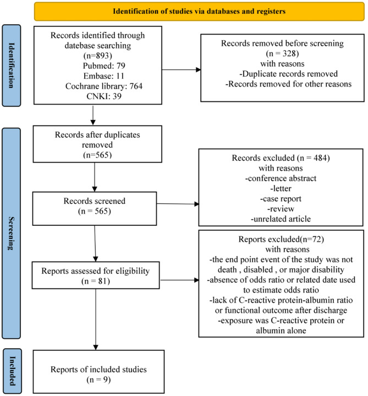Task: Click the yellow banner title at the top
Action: pos(199,12)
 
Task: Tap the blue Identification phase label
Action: pos(12,66)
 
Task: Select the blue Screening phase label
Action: pos(11,233)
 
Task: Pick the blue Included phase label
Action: pos(12,371)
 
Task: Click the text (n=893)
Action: pos(97,56)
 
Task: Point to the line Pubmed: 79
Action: pos(104,66)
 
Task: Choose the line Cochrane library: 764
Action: pos(104,86)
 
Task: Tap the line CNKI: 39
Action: pos(104,96)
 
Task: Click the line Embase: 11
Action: pos(104,76)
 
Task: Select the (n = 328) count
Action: pos(282,53)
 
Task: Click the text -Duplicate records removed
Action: pos(289,74)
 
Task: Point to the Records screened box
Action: pos(95,209)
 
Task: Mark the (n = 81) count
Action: pos(96,281)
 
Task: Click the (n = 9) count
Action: pos(98,379)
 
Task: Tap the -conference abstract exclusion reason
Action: pos(281,178)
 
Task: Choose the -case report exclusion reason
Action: pos(281,199)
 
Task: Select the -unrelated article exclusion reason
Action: pos(281,219)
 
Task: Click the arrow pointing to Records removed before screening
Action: pos(182,70)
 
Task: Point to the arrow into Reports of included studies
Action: pos(96,319)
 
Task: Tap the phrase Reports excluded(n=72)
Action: pos(281,239)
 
